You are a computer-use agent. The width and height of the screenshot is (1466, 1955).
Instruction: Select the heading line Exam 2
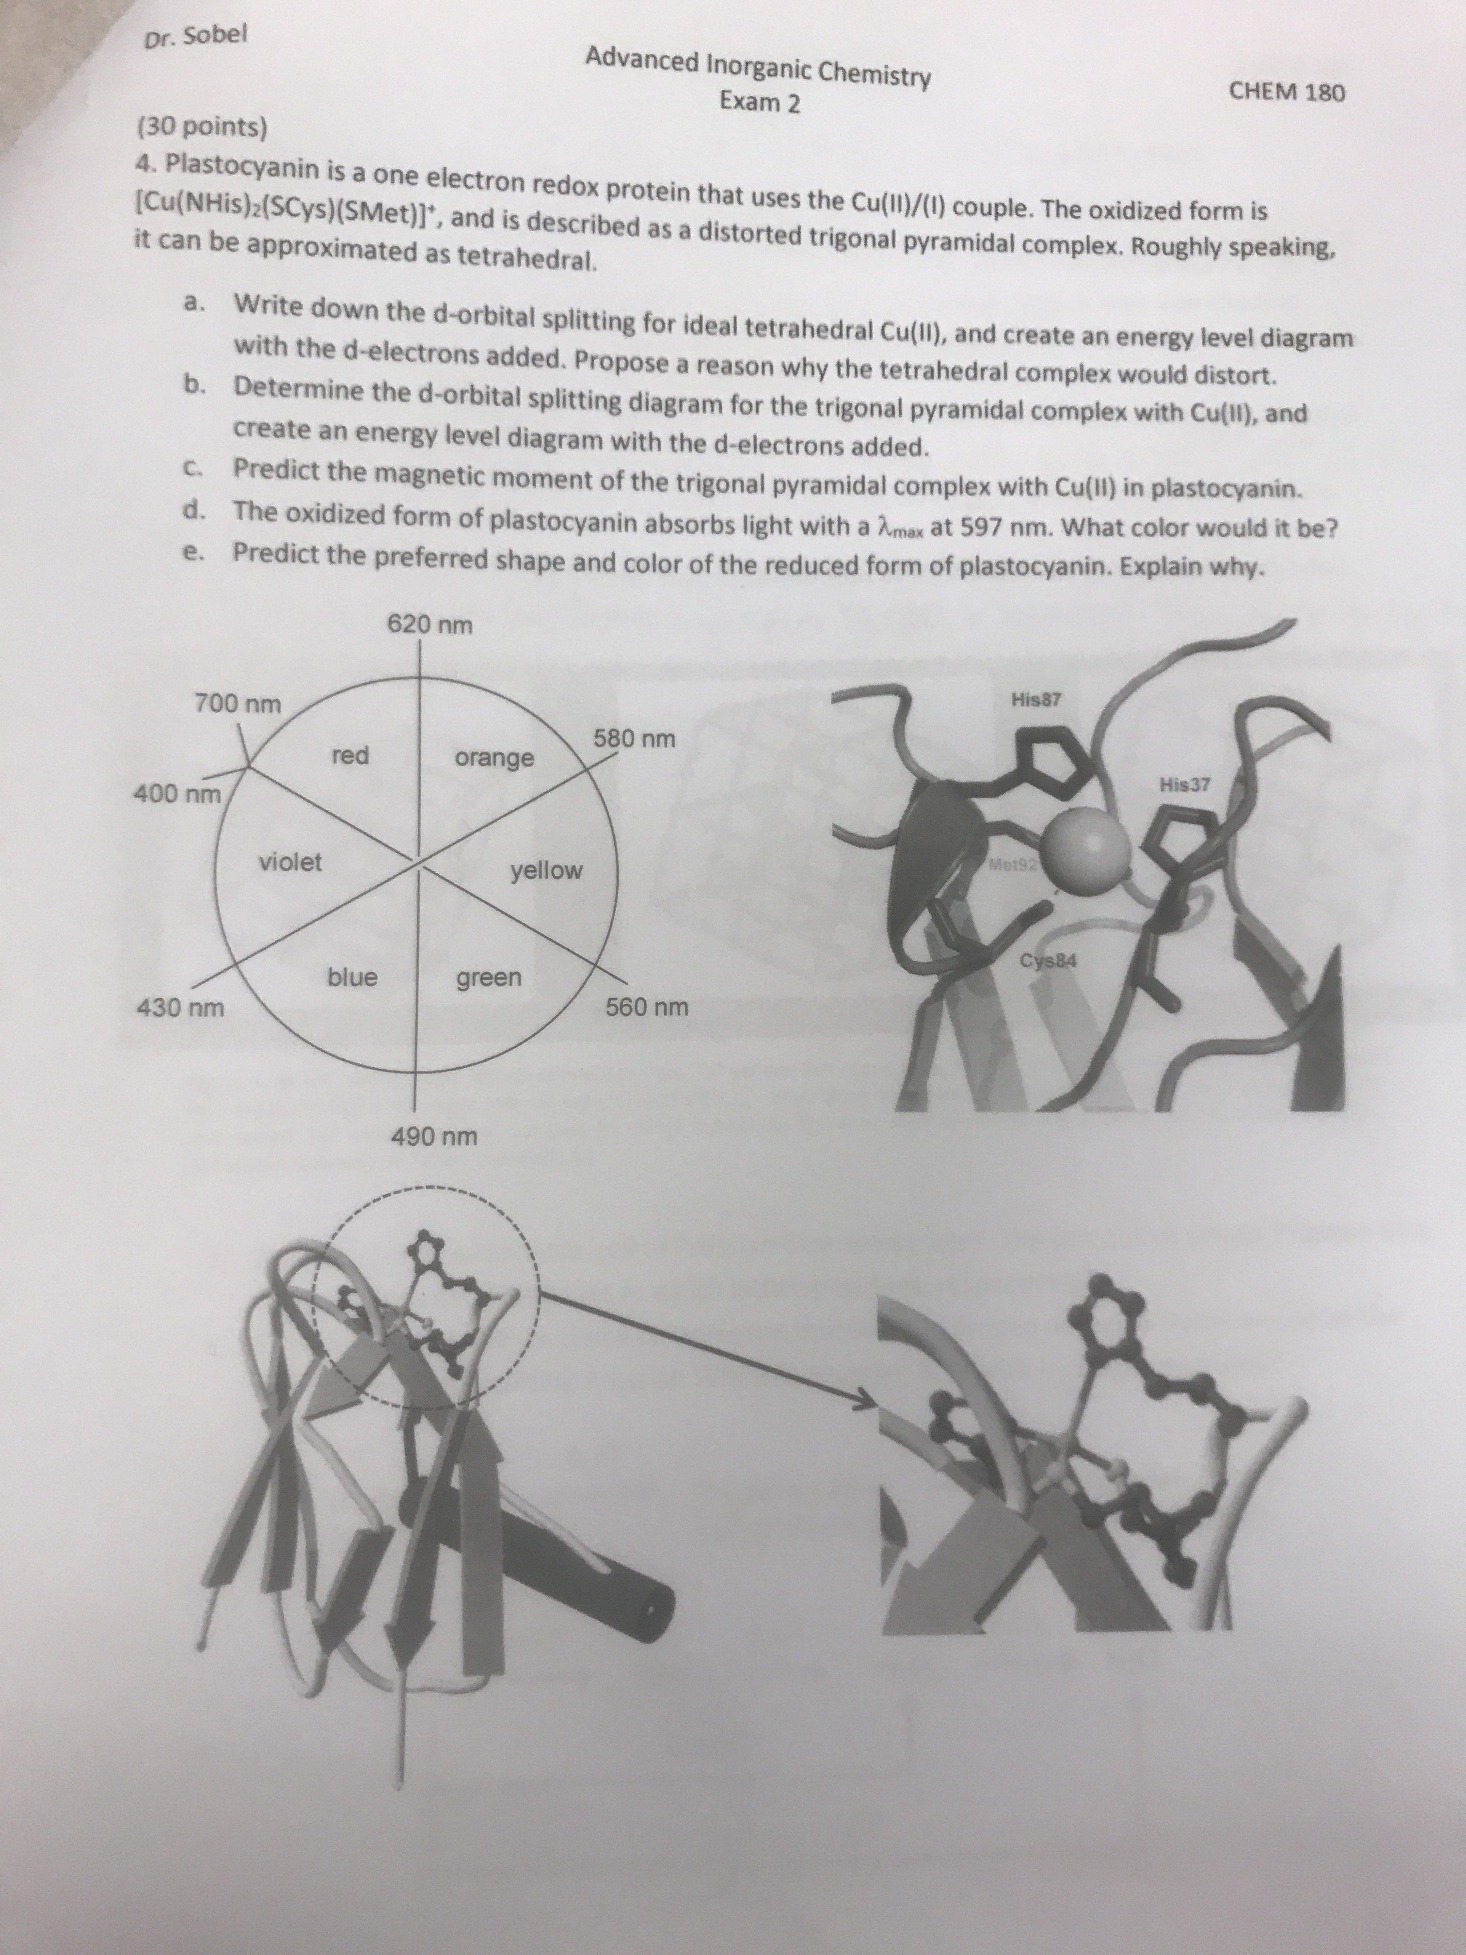760,102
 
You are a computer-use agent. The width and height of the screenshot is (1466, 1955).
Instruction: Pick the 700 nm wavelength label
237,705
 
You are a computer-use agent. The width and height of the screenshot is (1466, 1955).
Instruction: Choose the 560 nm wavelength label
647,1008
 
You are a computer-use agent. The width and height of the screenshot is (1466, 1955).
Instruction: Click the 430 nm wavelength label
179,1008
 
